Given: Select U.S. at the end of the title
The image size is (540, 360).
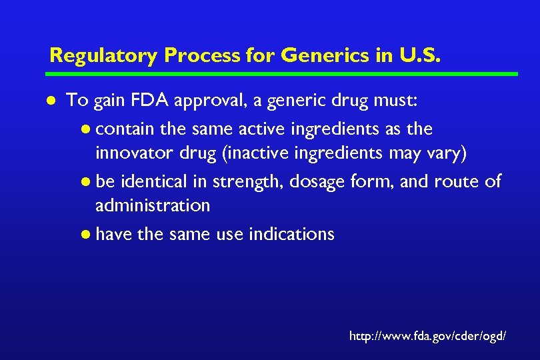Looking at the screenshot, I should pyautogui.click(x=419, y=55).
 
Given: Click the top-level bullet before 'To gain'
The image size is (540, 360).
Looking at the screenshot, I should pyautogui.click(x=52, y=101).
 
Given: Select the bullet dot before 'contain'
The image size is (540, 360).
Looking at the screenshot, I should pyautogui.click(x=87, y=129).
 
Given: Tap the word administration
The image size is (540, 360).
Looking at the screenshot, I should pyautogui.click(x=153, y=205).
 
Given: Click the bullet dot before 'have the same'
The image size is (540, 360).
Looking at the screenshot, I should pyautogui.click(x=87, y=235).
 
